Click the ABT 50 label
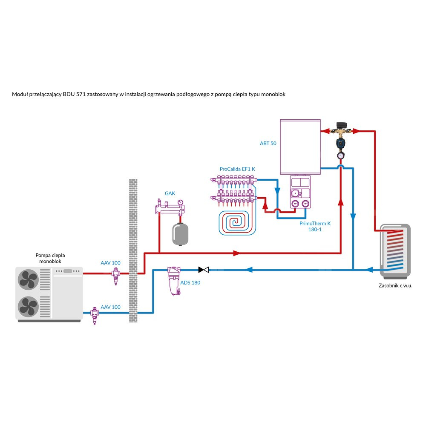pyautogui.click(x=268, y=144)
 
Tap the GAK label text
pyautogui.click(x=170, y=193)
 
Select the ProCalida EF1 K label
pyautogui.click(x=237, y=169)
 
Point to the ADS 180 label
pyautogui.click(x=190, y=282)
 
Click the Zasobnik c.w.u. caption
pyautogui.click(x=395, y=286)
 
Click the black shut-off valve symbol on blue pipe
pyautogui.click(x=204, y=270)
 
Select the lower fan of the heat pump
pyautogui.click(x=29, y=307)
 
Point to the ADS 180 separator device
pyautogui.click(x=173, y=281)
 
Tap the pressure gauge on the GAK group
pyautogui.click(x=181, y=202)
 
